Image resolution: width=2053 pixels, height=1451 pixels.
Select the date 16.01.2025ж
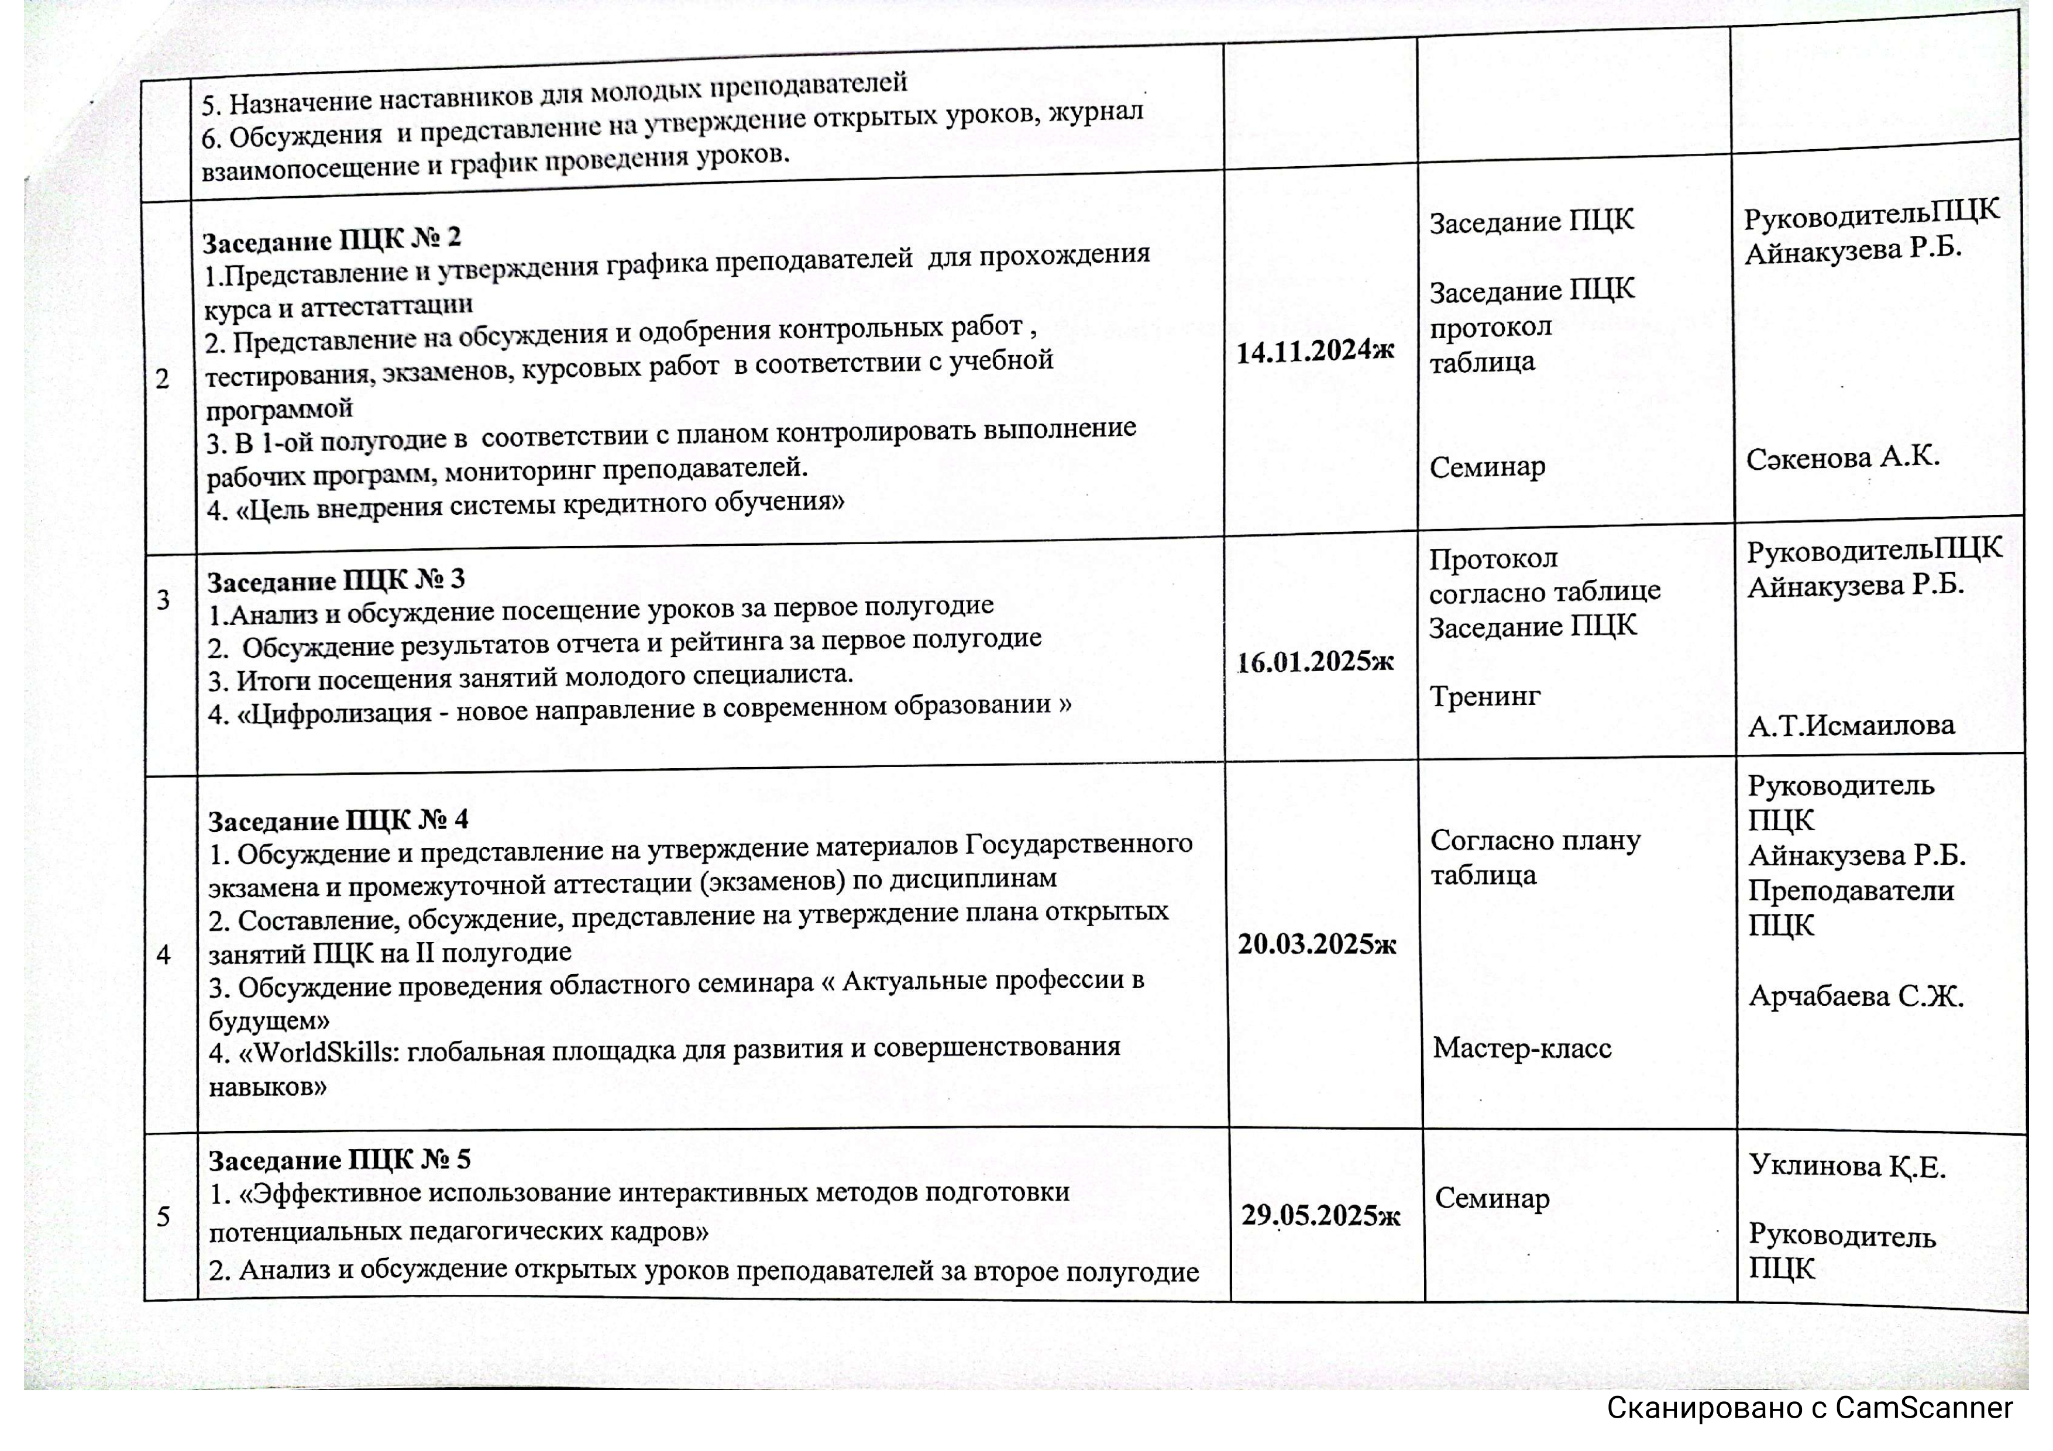(x=1315, y=662)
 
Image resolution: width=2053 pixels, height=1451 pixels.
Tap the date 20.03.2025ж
(x=1316, y=944)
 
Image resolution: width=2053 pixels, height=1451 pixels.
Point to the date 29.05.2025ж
(x=1320, y=1215)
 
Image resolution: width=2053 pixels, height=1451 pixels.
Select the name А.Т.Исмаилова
(x=1851, y=725)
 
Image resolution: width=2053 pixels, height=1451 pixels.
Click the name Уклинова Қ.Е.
(x=1847, y=1166)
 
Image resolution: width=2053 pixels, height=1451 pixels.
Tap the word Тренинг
(x=1484, y=696)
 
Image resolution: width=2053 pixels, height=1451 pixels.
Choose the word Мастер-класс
(x=1522, y=1048)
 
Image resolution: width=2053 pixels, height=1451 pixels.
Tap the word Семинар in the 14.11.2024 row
(x=1487, y=467)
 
